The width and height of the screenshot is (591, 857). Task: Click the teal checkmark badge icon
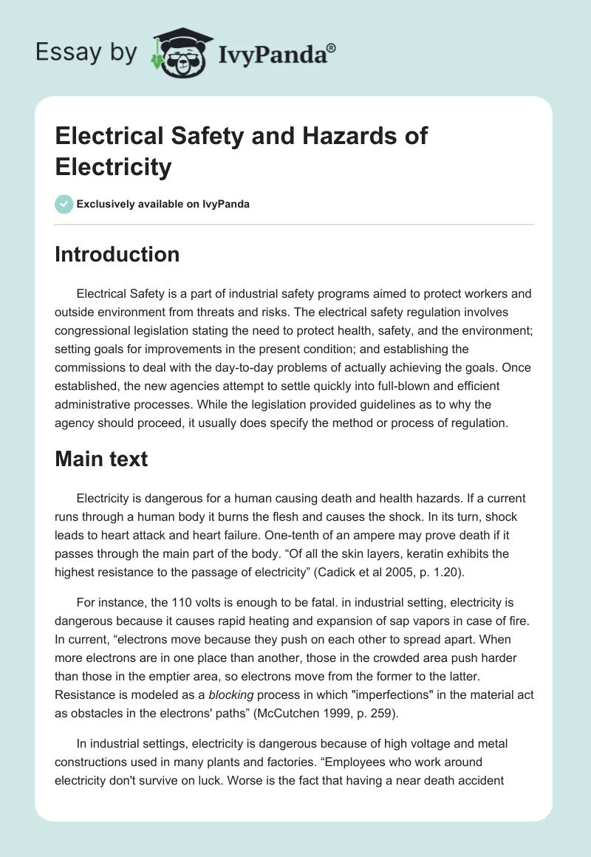tap(64, 204)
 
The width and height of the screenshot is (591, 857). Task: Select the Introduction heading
tap(117, 254)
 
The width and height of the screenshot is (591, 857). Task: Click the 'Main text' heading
tap(102, 459)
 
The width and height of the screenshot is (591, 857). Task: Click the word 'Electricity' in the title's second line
tap(114, 166)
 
